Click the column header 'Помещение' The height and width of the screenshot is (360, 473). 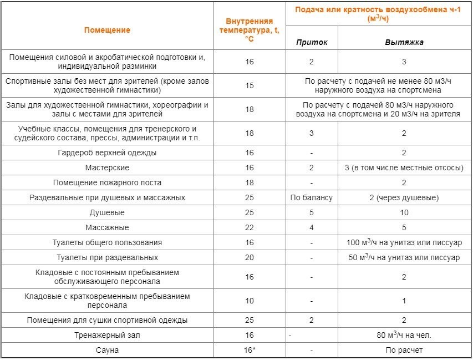[x=107, y=30]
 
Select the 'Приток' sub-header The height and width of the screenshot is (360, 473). [x=312, y=42]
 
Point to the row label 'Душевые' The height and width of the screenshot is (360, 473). [x=107, y=212]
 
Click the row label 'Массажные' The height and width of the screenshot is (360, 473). [x=107, y=227]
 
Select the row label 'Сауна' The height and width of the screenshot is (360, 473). [x=107, y=350]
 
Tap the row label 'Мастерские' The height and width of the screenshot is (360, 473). [x=107, y=168]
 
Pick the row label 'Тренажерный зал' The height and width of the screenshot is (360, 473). [x=107, y=335]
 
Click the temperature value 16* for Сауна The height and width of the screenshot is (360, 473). [x=250, y=350]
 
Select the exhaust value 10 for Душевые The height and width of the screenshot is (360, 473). [x=404, y=212]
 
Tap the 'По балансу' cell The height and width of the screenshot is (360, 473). [x=312, y=197]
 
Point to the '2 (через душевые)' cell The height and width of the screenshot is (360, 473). [x=404, y=197]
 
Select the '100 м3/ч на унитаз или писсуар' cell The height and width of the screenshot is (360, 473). [x=404, y=242]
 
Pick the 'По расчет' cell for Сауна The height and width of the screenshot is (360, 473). [x=404, y=350]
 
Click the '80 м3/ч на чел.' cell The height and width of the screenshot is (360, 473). [x=404, y=335]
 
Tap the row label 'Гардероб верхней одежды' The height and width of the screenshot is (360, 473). [x=107, y=153]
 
